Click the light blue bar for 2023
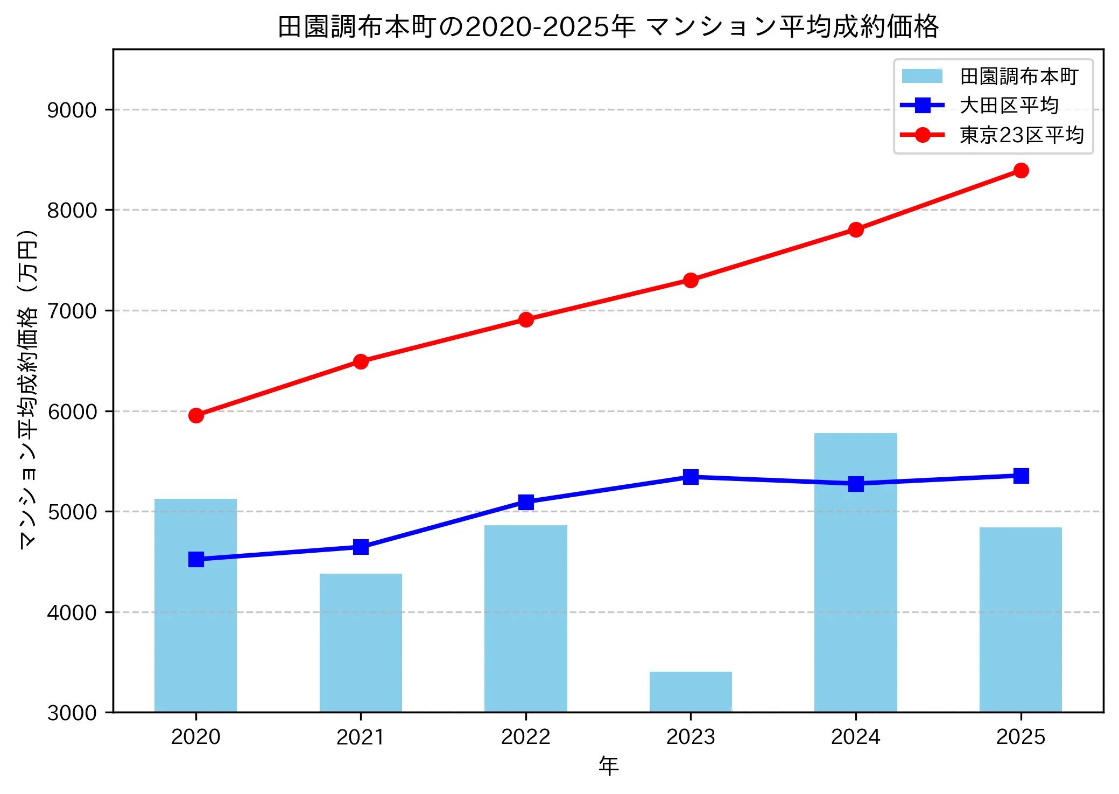click(x=691, y=692)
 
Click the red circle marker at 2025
click(x=1021, y=171)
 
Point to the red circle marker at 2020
click(x=196, y=415)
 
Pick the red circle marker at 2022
click(x=526, y=319)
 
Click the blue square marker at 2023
click(x=691, y=477)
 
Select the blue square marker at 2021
click(x=361, y=547)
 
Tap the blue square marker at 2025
click(x=1021, y=476)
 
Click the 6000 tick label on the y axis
click(x=72, y=412)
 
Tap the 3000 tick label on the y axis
click(x=72, y=713)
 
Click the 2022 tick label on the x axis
click(x=526, y=736)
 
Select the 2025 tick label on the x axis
click(x=1021, y=736)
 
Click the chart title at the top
click(x=608, y=26)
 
